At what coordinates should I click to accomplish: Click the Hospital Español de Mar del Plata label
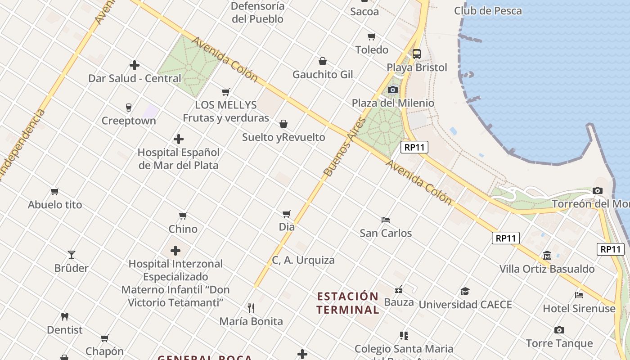coord(179,159)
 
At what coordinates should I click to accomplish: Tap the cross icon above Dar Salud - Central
coord(134,65)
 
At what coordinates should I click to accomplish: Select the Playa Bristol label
coord(417,67)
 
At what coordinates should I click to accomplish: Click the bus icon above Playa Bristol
coord(417,54)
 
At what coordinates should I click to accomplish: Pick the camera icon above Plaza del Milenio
coord(393,90)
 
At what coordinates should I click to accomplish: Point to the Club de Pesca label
coord(488,11)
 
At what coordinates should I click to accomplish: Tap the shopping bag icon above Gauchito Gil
coord(323,61)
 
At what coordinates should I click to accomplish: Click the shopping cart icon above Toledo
coord(371,36)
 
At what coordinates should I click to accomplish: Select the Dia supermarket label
coord(287,227)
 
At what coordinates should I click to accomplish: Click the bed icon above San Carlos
coord(386,220)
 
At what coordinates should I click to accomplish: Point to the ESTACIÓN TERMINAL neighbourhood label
coord(348,303)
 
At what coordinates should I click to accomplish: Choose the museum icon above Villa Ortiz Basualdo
coord(547,256)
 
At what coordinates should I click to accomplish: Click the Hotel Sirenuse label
coord(579,309)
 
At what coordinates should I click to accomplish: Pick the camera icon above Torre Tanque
coord(559,330)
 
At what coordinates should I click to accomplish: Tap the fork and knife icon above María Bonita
coord(251,308)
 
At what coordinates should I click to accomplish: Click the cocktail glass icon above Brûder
coord(71,255)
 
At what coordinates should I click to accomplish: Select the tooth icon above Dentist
coord(65,317)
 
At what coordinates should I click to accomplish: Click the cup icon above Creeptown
coord(129,108)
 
